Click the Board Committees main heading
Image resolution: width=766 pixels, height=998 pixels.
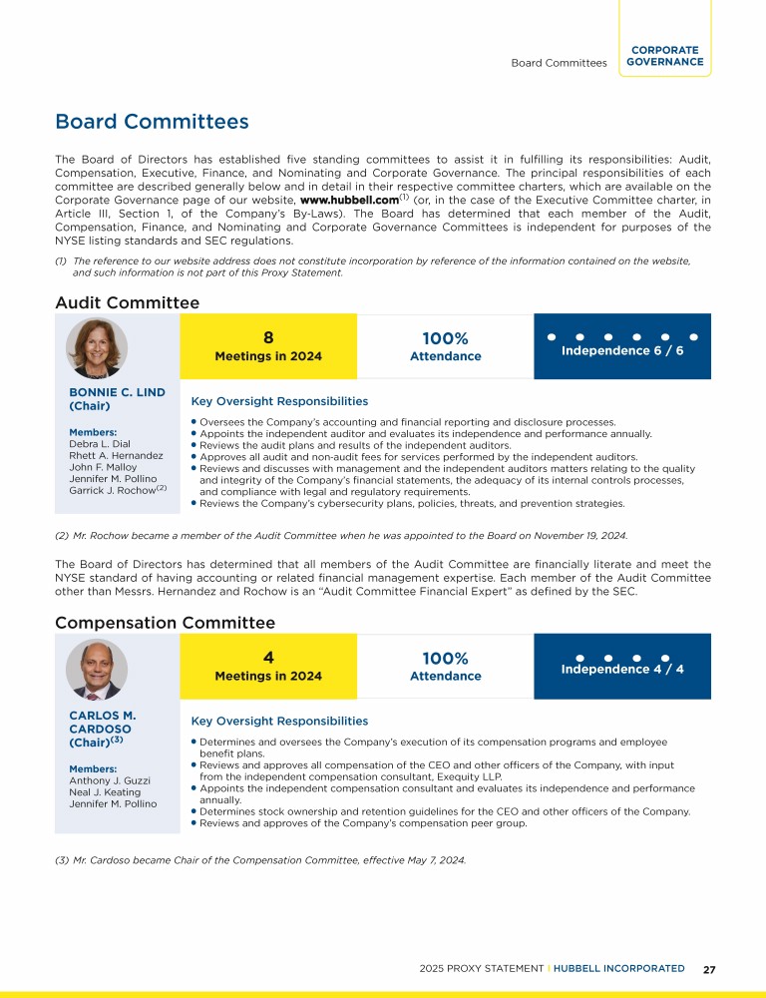[152, 122]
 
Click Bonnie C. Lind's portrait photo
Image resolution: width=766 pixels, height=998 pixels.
[97, 347]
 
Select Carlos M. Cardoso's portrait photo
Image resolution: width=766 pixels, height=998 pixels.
[97, 668]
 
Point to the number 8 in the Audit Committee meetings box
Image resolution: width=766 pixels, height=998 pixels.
[268, 338]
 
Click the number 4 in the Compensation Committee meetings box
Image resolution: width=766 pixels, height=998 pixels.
[268, 658]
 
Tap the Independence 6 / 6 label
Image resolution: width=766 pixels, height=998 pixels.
[622, 351]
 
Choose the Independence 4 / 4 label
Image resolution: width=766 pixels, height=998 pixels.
[622, 669]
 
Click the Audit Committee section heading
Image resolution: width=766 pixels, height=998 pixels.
[127, 302]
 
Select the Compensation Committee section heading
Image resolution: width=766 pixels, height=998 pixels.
[165, 623]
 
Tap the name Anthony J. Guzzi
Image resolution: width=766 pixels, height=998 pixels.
[110, 780]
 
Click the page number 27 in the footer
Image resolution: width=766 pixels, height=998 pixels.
[709, 969]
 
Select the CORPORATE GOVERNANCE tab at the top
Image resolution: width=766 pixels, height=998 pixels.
[665, 56]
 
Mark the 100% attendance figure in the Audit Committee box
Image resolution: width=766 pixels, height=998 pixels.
[445, 339]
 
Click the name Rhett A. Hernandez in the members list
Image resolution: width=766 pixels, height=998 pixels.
[116, 455]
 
